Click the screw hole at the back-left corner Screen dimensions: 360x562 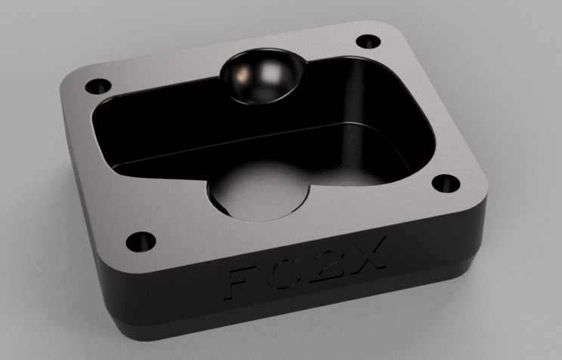pyautogui.click(x=97, y=86)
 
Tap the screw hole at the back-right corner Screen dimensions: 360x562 pyautogui.click(x=368, y=41)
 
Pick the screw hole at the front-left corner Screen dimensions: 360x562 pyautogui.click(x=140, y=242)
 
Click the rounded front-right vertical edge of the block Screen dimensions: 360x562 pyautogui.click(x=480, y=226)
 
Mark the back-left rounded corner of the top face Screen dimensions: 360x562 pyautogui.click(x=72, y=75)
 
